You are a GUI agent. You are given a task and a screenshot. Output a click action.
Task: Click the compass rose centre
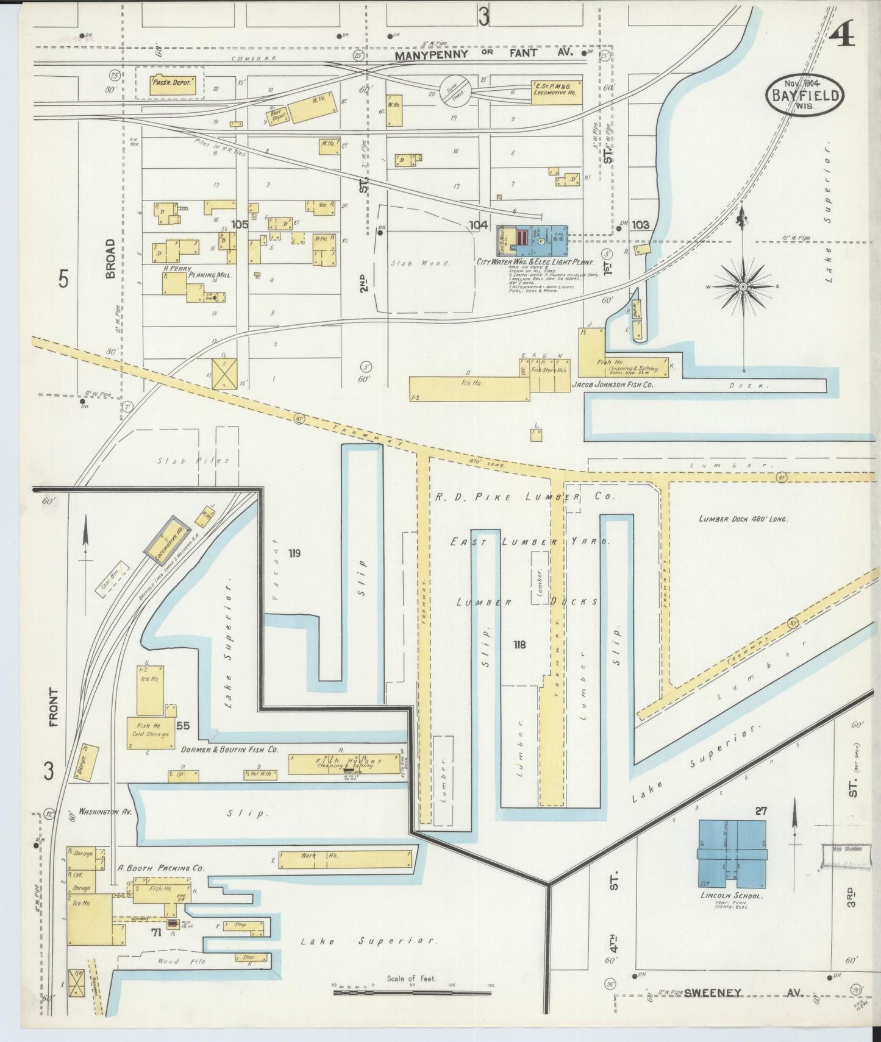744,286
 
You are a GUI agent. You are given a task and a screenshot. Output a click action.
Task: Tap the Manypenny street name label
431,55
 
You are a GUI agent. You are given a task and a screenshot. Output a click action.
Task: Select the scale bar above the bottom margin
412,993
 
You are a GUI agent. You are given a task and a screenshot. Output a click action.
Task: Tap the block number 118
519,644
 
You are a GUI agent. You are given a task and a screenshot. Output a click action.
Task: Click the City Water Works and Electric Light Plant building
532,241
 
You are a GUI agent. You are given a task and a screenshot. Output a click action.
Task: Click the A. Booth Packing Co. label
161,868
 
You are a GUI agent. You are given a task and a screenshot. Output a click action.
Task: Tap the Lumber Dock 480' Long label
743,519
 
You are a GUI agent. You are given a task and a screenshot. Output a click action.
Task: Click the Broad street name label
110,258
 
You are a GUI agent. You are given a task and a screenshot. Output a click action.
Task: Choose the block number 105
240,224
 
